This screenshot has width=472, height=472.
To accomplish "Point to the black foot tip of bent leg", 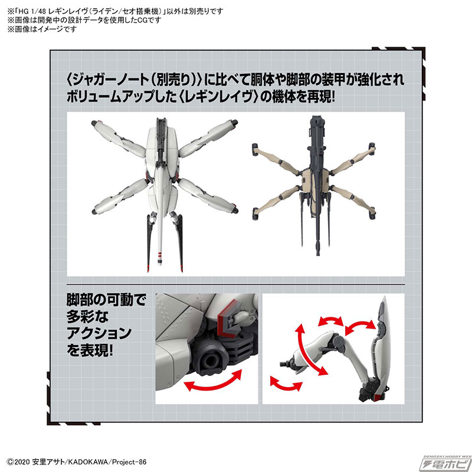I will (x=286, y=359).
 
